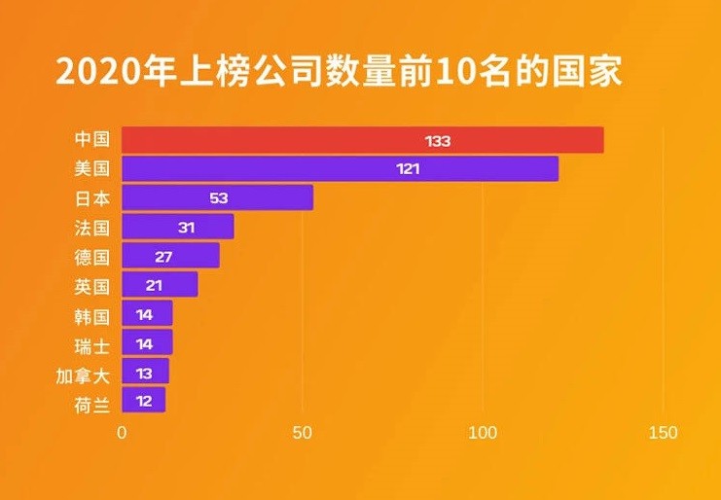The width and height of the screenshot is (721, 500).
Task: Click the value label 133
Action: point(438,141)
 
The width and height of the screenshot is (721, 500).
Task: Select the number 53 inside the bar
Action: point(218,197)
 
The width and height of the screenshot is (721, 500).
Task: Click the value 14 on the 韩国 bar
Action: point(145,313)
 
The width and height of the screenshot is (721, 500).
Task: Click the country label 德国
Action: point(91,256)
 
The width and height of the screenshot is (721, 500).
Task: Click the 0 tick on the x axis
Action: point(123,432)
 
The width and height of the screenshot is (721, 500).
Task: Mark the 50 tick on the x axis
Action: point(303,432)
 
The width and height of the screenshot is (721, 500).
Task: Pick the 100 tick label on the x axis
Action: point(483,432)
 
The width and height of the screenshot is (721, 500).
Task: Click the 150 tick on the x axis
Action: point(663,432)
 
